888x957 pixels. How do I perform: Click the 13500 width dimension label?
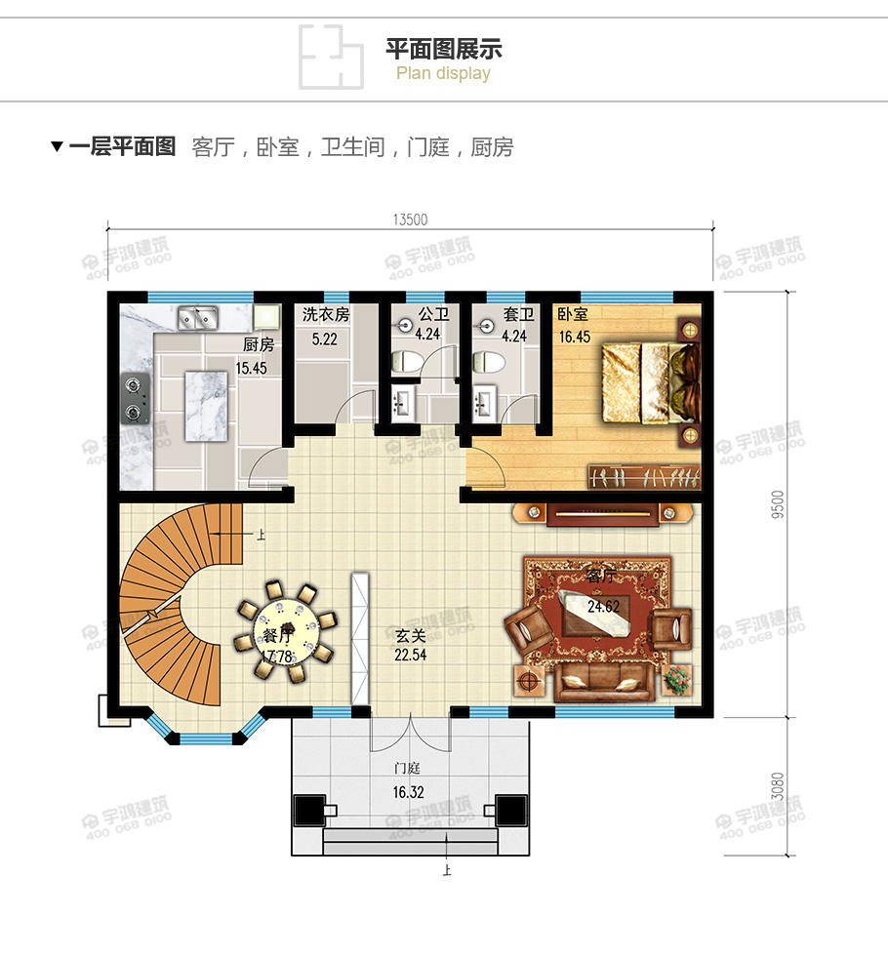411,219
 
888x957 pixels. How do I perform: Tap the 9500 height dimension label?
777,503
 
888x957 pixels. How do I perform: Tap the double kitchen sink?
198,317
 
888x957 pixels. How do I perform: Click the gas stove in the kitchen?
134,398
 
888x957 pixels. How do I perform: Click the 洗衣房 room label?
325,315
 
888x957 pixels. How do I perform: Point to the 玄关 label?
411,635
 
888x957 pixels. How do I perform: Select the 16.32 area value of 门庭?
409,792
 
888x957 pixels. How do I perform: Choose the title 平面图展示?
444,49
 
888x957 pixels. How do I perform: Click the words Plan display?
443,74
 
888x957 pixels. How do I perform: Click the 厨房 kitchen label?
258,344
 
